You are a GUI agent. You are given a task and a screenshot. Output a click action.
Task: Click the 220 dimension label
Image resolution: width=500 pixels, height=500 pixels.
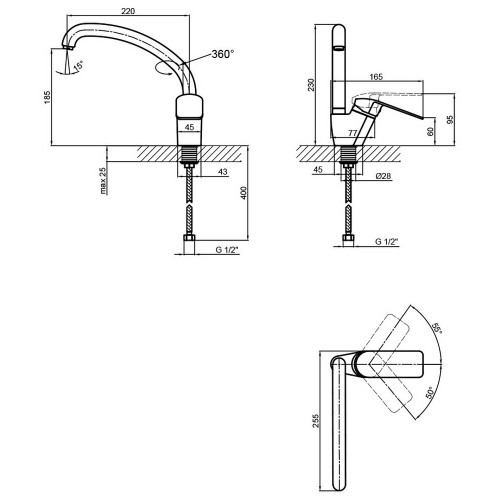point(128,11)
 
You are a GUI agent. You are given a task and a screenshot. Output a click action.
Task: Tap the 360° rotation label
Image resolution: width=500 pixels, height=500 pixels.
point(223,54)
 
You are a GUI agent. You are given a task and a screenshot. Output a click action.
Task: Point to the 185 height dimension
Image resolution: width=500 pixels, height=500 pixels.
point(47,97)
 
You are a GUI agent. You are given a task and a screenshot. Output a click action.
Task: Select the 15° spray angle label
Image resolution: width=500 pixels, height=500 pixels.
point(79,65)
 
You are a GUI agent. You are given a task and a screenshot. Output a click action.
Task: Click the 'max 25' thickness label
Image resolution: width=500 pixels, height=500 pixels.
point(104,180)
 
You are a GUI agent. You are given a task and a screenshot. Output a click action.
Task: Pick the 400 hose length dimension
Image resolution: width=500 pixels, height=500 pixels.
point(244,193)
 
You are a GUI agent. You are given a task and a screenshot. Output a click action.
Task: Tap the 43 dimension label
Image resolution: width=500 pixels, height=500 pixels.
point(222,172)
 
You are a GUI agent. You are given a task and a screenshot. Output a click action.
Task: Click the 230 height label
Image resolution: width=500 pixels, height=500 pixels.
point(311,85)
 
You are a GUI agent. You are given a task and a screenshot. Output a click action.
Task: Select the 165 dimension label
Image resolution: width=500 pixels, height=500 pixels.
point(376,77)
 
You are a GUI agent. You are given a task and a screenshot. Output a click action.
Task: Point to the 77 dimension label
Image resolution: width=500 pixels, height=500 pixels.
point(353,133)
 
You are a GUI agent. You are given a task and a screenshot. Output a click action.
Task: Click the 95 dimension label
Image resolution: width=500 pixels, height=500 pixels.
point(450,120)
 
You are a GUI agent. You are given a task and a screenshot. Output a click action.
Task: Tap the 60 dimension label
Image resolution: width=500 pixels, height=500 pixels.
point(430,131)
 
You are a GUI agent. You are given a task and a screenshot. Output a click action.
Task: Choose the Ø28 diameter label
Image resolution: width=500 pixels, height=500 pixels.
point(383,176)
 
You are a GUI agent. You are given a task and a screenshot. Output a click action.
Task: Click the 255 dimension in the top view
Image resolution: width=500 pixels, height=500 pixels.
point(316,421)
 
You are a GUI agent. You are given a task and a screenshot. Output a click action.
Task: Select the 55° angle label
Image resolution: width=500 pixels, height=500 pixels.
point(437,329)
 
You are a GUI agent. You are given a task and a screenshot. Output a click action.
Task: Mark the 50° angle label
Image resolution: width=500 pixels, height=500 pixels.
point(430,393)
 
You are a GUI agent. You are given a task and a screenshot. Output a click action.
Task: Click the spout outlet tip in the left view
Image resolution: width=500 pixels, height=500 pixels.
point(68,47)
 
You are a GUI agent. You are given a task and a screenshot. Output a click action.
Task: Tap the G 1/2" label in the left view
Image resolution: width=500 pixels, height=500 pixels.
point(227,250)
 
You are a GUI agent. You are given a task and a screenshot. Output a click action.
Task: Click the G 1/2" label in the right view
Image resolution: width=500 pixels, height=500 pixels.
point(387,242)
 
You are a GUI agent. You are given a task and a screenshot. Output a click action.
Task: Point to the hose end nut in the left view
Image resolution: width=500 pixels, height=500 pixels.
point(189,239)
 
